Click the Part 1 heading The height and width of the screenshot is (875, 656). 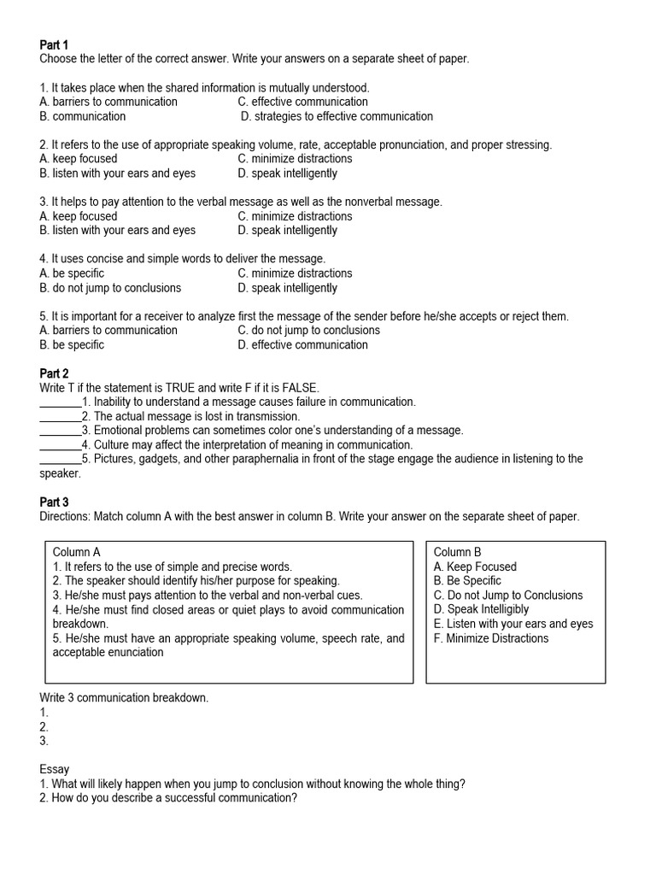click(54, 44)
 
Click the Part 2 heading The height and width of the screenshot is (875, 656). click(54, 373)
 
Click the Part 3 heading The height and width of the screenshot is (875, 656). click(54, 502)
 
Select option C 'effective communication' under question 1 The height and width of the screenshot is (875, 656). click(302, 102)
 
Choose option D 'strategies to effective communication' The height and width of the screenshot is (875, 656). click(337, 116)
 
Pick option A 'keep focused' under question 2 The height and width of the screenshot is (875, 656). click(79, 159)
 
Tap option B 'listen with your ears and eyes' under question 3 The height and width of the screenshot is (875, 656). click(117, 230)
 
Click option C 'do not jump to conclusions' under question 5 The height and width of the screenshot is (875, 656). click(309, 331)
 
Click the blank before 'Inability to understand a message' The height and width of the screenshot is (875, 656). click(60, 402)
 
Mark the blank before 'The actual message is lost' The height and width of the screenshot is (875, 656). click(60, 416)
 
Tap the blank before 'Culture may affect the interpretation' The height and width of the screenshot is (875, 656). click(60, 445)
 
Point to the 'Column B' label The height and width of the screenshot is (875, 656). click(457, 552)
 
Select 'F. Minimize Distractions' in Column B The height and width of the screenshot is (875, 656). click(490, 638)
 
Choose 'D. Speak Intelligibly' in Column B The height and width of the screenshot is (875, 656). click(481, 609)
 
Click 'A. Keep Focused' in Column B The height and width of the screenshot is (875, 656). click(475, 567)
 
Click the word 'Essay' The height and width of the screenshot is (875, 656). click(55, 770)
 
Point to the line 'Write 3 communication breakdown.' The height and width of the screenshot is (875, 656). click(124, 698)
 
